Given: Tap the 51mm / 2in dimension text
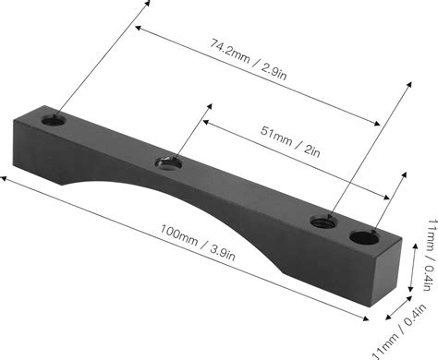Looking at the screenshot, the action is coord(290,141).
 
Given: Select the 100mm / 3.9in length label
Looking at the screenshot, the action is coord(198,243).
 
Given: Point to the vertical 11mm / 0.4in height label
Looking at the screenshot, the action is coord(431,255).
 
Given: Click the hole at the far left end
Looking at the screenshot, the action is coord(54,120).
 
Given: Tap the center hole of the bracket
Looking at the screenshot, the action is coord(168,163).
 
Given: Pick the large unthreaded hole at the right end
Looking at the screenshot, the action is coord(365,237).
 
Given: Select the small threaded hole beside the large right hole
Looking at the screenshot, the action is coord(324,222).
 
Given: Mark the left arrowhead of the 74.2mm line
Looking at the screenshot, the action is coord(138,28).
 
